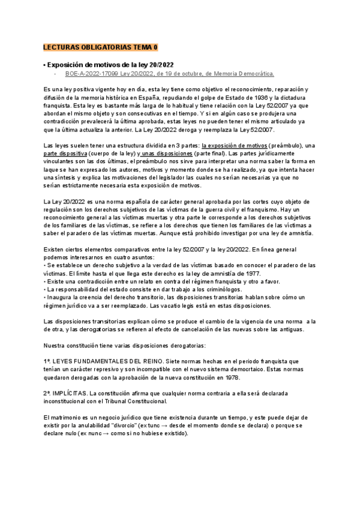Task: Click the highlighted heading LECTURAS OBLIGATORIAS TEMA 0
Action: pos(100,47)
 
